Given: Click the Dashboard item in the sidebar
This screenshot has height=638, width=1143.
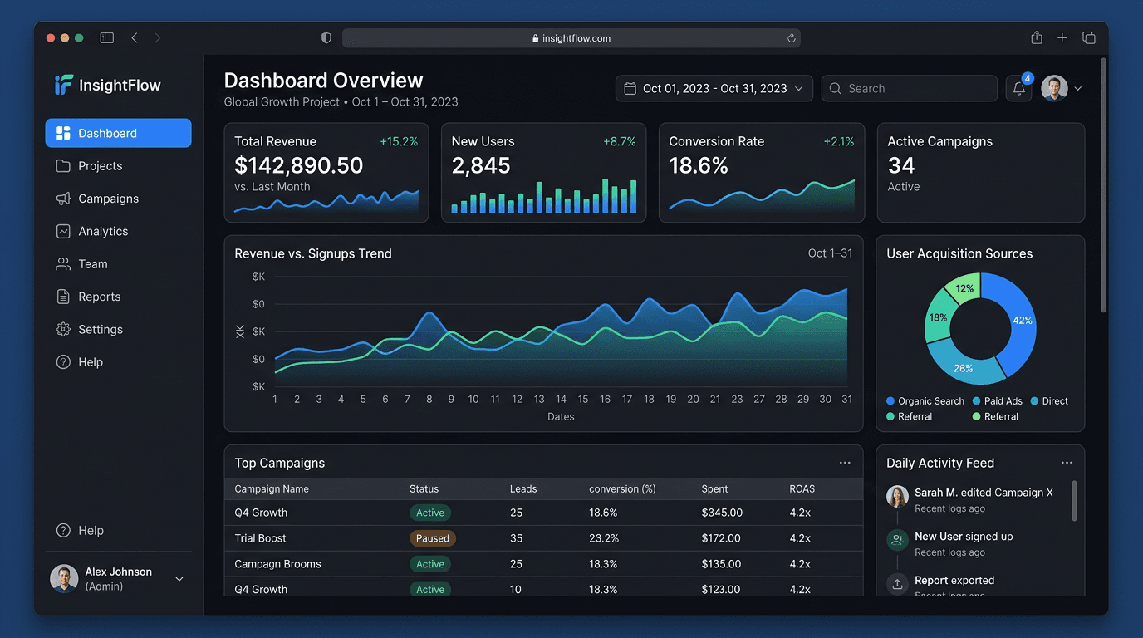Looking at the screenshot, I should coord(118,133).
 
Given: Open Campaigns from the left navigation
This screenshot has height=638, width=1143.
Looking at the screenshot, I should coord(108,199).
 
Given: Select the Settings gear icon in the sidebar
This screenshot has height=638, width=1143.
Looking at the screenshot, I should coord(63,330).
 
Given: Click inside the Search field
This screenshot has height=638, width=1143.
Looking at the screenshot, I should coord(910,88).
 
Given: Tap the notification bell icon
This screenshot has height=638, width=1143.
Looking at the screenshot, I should coord(1018,89).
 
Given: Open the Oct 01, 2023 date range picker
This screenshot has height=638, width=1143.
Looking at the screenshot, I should coord(714,88).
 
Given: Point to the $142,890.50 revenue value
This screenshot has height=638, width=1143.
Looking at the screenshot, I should coord(299,165).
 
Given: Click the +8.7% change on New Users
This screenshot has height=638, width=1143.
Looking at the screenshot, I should coord(619,142).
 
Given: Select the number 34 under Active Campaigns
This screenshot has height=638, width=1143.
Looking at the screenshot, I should coord(901,165).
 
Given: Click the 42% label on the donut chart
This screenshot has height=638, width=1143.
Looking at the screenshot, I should coord(1022,320).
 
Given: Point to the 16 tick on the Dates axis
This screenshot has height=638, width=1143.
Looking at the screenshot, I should coord(605,400).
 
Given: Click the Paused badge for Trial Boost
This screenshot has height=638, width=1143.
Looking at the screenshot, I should coord(432,538).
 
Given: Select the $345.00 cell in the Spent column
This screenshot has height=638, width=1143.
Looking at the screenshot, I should coord(722,513).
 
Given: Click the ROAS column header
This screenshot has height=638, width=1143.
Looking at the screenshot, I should coord(802,489).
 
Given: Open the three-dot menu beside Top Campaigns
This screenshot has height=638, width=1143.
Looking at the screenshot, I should coord(845,463).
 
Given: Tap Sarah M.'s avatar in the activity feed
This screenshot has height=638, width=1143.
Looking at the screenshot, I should coord(897,496).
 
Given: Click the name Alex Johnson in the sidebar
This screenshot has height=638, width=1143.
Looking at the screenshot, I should coord(118,572).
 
